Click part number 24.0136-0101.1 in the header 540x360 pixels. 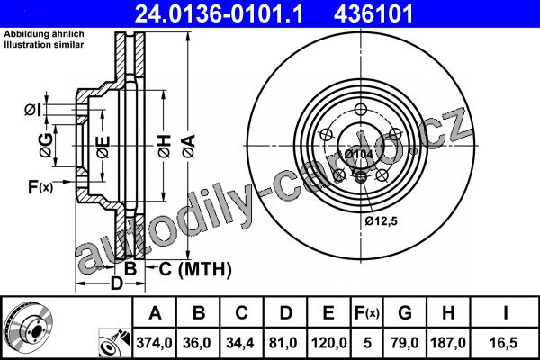[x=219, y=13]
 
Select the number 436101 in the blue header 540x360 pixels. [x=373, y=13]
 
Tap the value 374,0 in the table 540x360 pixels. [x=154, y=343]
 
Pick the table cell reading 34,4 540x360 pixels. [x=240, y=343]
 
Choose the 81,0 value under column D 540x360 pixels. [x=283, y=343]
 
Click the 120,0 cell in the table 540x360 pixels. [x=328, y=343]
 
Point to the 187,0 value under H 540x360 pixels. [x=448, y=343]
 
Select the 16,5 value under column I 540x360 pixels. [x=503, y=343]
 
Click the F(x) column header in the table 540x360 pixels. [x=367, y=313]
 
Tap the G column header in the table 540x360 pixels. [x=405, y=313]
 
